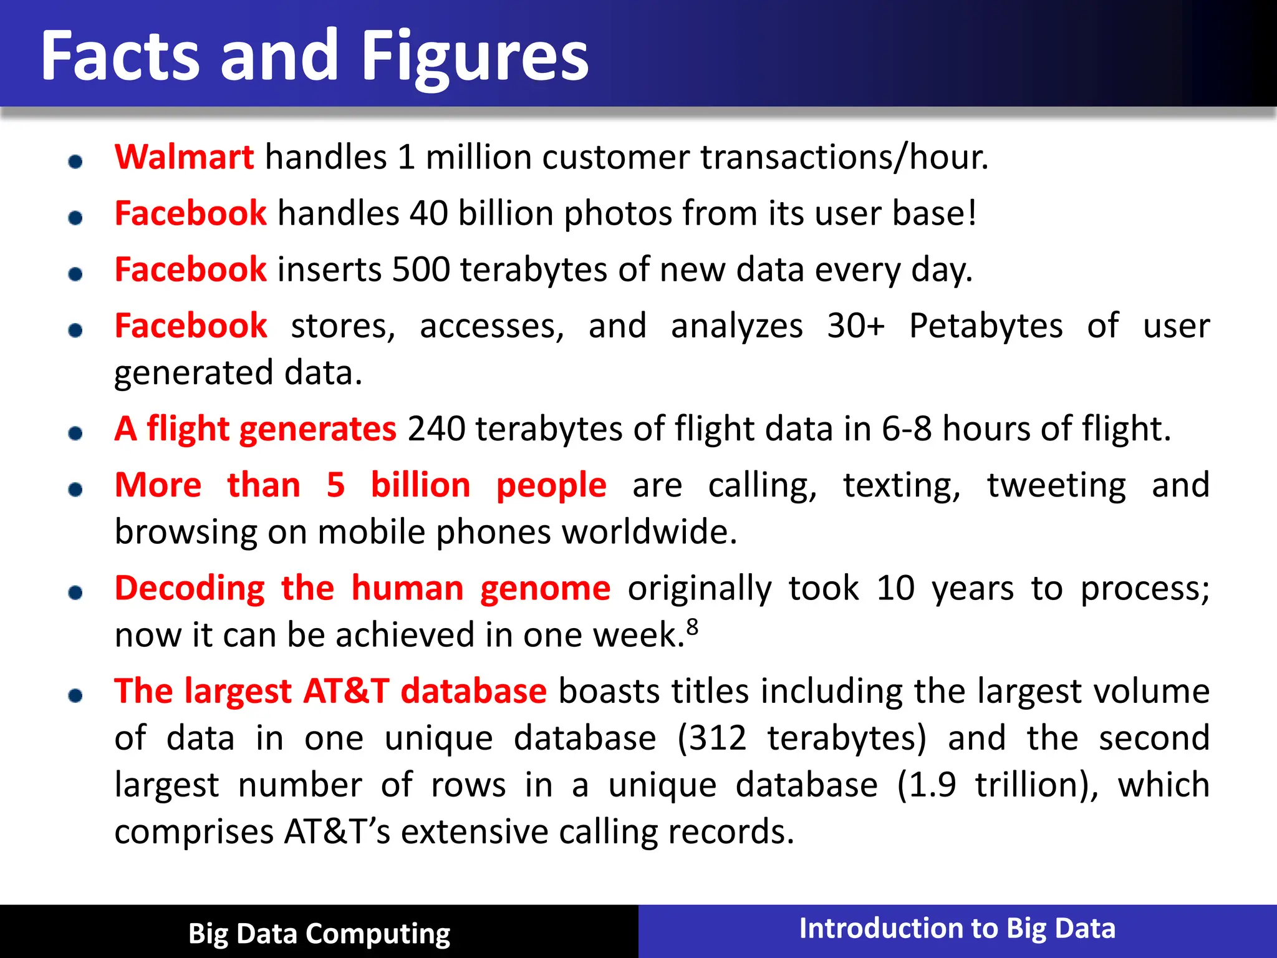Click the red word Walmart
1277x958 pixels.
[184, 157]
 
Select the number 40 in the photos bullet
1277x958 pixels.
[428, 213]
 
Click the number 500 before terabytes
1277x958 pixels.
[421, 269]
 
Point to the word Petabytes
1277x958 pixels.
[985, 326]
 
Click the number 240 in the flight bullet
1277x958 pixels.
[436, 428]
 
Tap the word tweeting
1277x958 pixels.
[1056, 485]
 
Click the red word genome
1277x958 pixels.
[545, 588]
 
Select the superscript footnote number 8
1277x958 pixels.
[692, 626]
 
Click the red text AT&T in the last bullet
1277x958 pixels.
[347, 691]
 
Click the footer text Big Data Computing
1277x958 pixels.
[319, 934]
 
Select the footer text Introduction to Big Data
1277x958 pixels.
[957, 928]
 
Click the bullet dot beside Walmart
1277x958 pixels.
[75, 162]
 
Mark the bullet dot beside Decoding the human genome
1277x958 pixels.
[75, 593]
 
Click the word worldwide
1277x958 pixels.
[648, 532]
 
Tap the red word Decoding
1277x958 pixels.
[190, 588]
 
